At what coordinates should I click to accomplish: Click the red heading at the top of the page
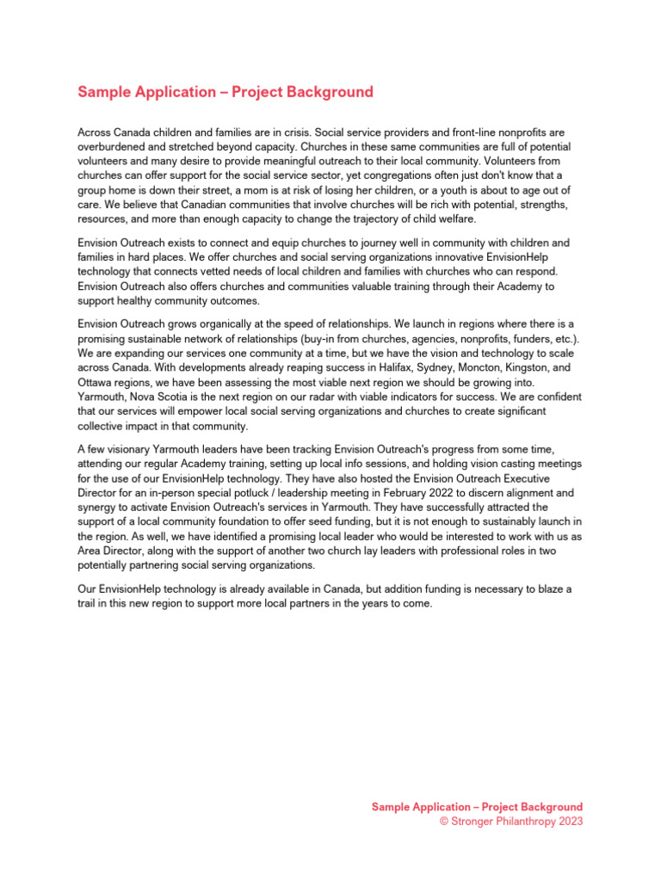click(x=225, y=92)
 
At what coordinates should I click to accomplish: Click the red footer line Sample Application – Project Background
click(x=477, y=807)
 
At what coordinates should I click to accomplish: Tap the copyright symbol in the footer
click(x=444, y=822)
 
